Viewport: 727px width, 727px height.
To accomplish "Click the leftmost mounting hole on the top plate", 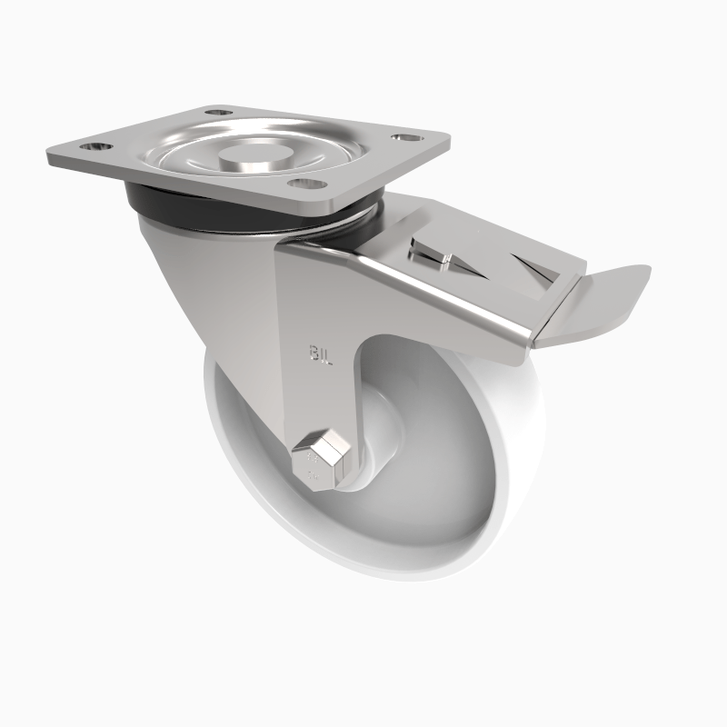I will click(95, 145).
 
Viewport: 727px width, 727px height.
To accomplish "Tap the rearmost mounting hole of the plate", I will click(215, 112).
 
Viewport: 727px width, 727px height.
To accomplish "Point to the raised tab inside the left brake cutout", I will click(443, 263).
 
